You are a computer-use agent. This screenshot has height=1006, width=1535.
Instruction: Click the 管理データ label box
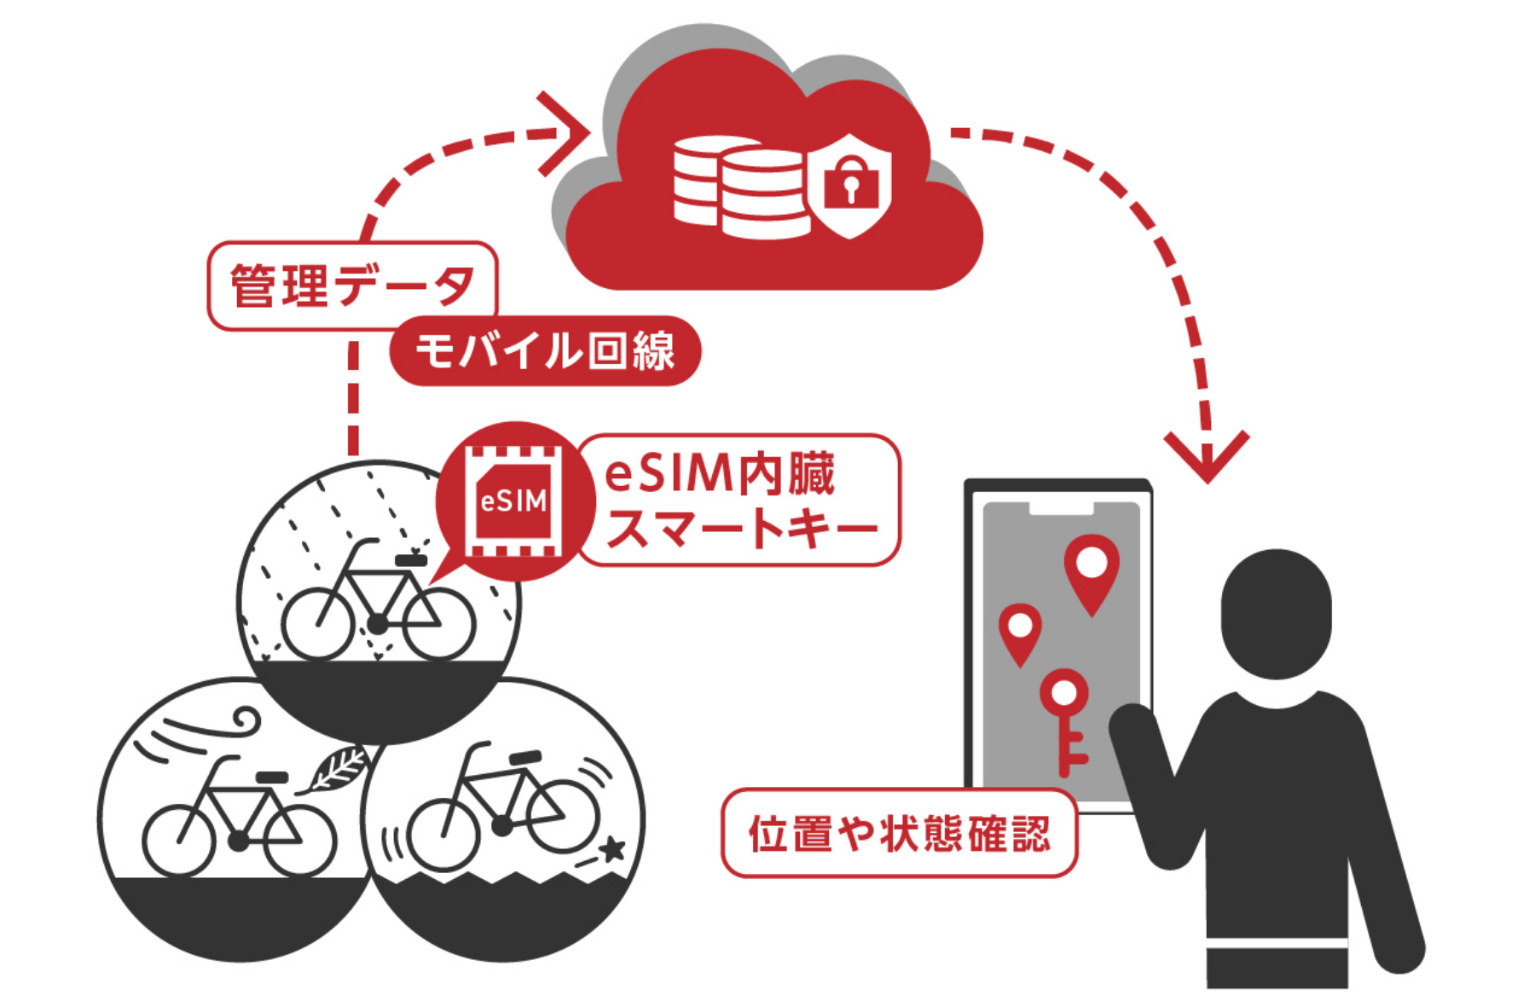pos(351,286)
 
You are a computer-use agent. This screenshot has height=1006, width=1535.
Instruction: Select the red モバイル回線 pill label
pos(545,351)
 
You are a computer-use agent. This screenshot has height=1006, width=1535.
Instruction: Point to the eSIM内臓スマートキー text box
pos(739,500)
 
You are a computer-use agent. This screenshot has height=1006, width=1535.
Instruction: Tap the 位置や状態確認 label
pos(899,833)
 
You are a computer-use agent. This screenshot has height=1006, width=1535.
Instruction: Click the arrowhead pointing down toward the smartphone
pos(1207,456)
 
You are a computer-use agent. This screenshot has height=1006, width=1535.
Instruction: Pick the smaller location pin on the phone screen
pos(1020,632)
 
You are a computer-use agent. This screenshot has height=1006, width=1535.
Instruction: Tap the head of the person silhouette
pos(1276,613)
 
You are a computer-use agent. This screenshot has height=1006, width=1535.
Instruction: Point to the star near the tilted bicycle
pos(611,849)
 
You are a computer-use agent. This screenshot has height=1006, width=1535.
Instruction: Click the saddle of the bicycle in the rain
pos(411,560)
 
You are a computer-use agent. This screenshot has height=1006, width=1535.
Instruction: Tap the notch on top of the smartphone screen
pos(1061,509)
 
